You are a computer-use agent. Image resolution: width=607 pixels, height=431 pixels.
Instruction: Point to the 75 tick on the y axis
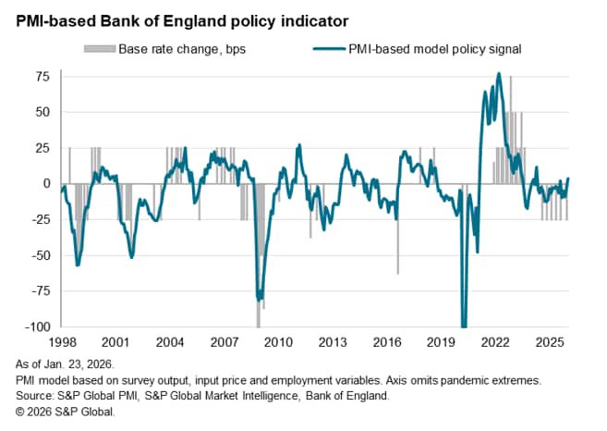click(42, 76)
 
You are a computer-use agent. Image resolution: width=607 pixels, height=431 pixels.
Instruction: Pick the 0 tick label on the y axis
click(46, 183)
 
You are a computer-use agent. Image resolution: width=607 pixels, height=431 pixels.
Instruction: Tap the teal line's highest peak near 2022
click(499, 74)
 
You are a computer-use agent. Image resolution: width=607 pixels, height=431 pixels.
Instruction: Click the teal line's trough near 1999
click(78, 265)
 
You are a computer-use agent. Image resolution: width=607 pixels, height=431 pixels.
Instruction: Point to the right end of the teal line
click(568, 179)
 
